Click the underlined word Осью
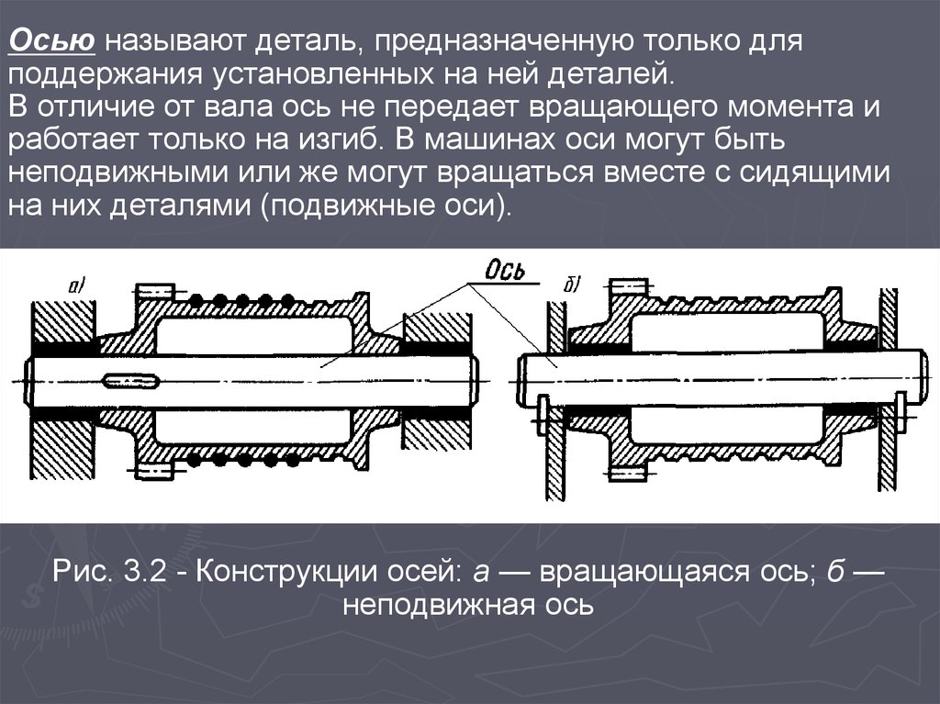(52, 40)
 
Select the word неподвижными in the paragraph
(119, 173)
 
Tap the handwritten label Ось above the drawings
(505, 271)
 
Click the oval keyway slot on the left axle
(130, 380)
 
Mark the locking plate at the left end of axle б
(543, 414)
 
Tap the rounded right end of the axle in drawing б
(923, 379)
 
